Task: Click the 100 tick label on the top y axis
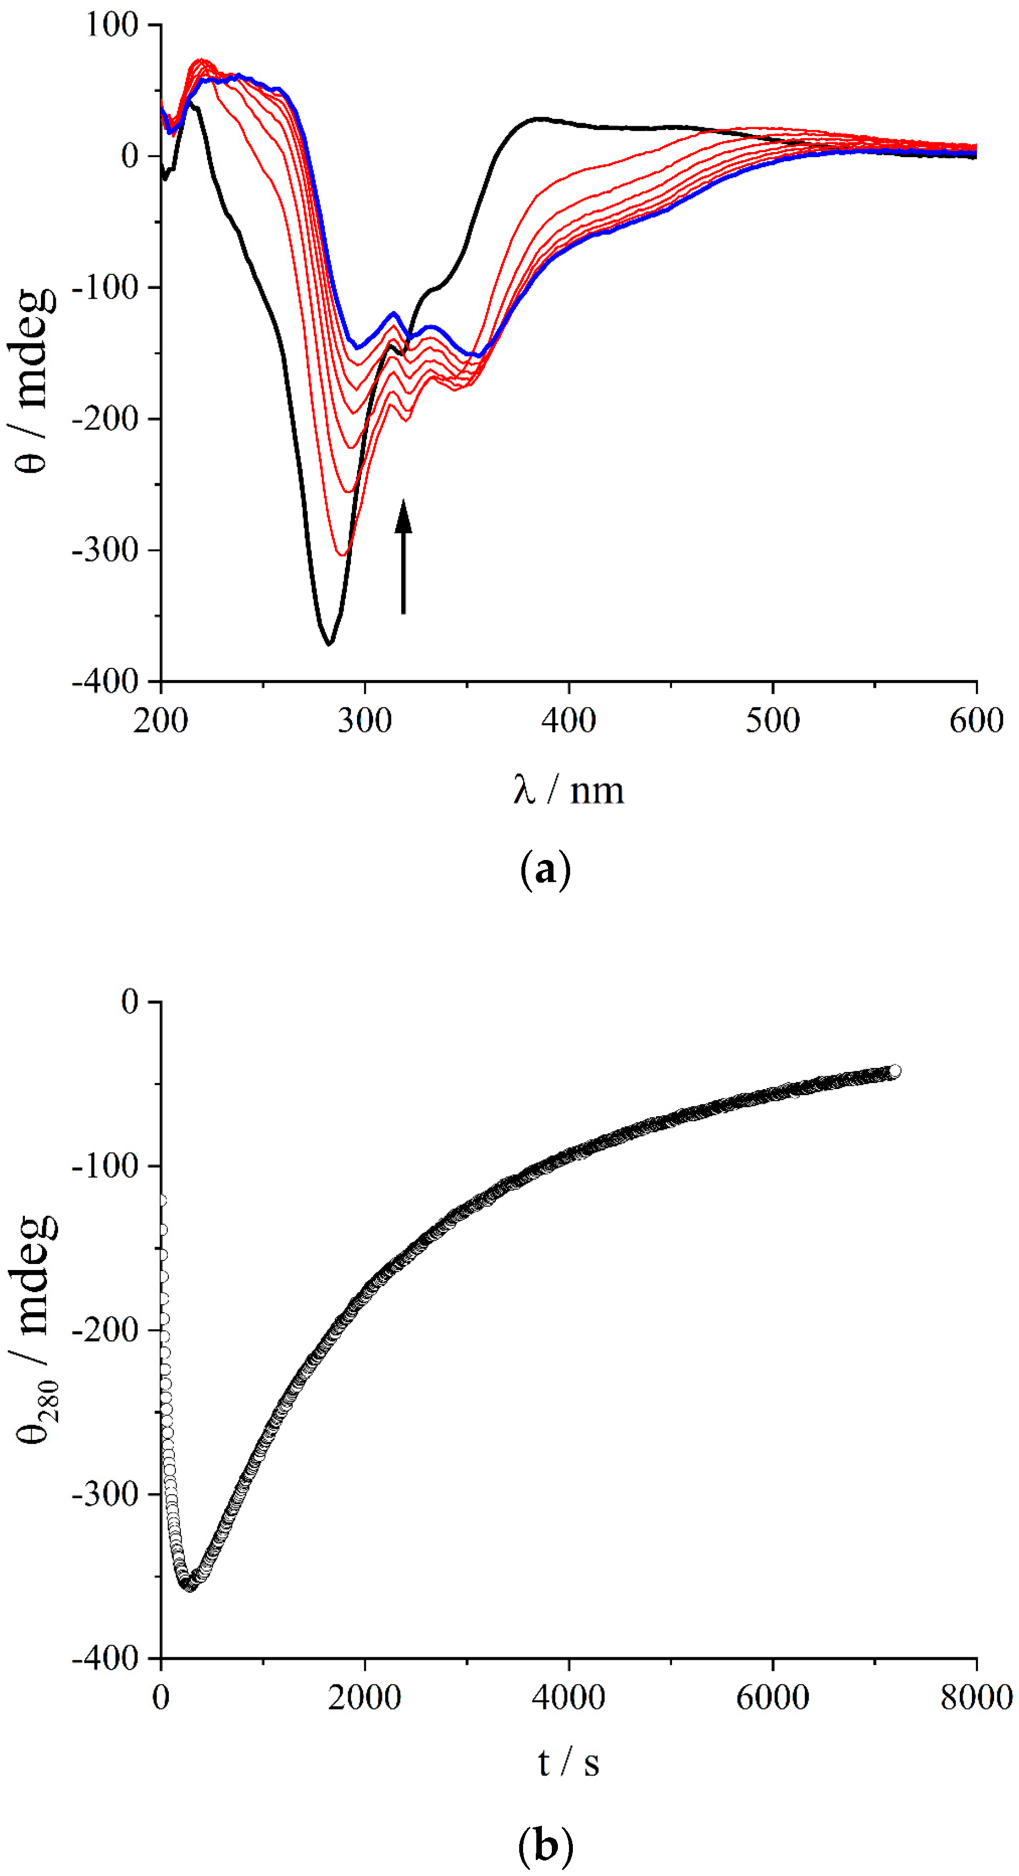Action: pyautogui.click(x=111, y=25)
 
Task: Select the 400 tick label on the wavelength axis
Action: pyautogui.click(x=568, y=721)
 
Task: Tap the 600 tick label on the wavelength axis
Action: pyautogui.click(x=976, y=721)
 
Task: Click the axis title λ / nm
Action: pyautogui.click(x=568, y=790)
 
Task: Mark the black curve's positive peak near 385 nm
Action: pyautogui.click(x=538, y=118)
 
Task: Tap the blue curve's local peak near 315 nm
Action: pyautogui.click(x=394, y=313)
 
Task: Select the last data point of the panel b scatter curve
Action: pyautogui.click(x=894, y=1071)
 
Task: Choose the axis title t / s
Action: pyautogui.click(x=568, y=1763)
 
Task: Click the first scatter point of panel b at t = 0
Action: pyautogui.click(x=162, y=1199)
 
